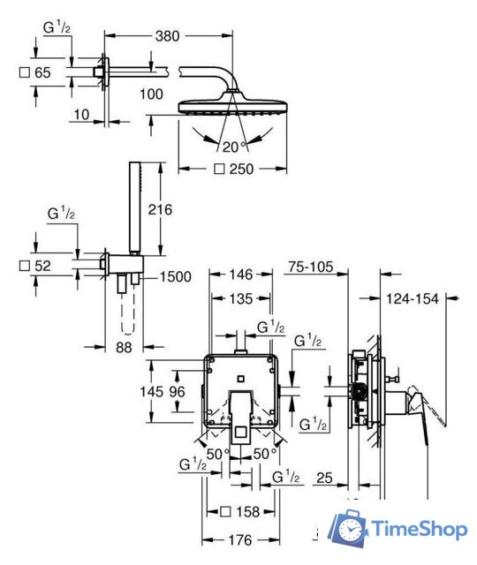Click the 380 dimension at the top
click(x=167, y=36)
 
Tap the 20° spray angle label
click(x=234, y=147)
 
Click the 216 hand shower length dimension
click(x=160, y=209)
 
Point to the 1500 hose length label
click(x=175, y=276)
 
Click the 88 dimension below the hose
click(x=124, y=347)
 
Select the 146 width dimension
click(x=241, y=275)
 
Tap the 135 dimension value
click(x=241, y=298)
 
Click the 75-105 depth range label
click(x=311, y=267)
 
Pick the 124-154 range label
click(x=413, y=298)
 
